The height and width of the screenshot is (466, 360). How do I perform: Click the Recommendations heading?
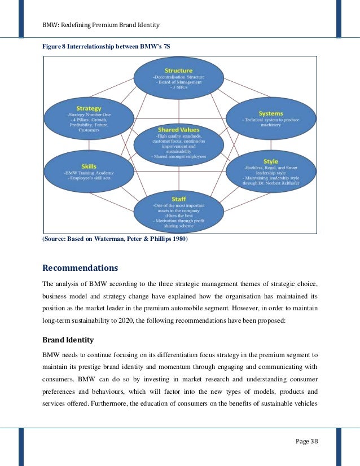81,267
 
